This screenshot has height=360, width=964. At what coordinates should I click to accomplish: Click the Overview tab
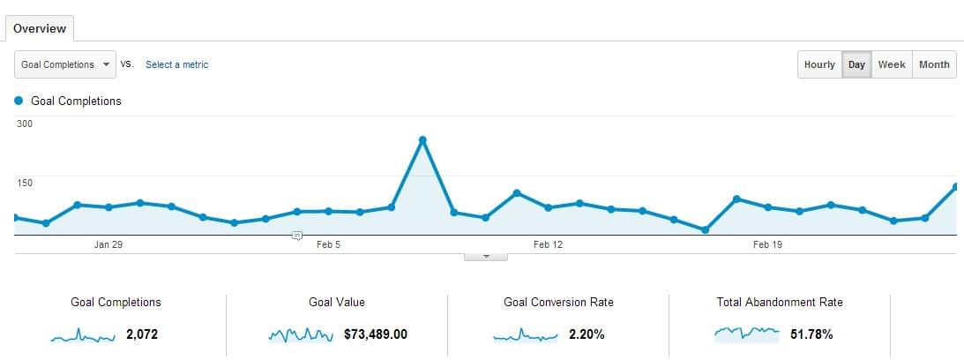(x=40, y=29)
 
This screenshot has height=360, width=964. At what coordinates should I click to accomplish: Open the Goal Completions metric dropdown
(x=65, y=64)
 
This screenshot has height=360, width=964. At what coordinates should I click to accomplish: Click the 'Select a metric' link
(x=177, y=64)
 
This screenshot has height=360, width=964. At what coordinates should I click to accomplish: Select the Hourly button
(x=819, y=64)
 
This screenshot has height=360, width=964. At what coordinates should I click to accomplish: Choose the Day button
(x=856, y=64)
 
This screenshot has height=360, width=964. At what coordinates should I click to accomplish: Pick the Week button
(x=892, y=64)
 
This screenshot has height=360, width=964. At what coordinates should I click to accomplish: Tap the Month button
(x=935, y=64)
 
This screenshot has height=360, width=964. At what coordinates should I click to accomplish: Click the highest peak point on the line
(x=422, y=140)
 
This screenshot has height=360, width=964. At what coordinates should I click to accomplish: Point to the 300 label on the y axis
(x=25, y=124)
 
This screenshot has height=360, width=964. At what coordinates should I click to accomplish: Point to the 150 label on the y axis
(x=25, y=183)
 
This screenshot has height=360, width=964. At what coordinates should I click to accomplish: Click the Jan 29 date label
(x=108, y=245)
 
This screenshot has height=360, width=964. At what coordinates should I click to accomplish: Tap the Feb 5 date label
(x=328, y=245)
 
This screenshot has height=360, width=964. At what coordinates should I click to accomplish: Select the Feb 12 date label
(x=548, y=245)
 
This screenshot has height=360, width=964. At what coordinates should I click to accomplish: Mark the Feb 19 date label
(x=768, y=245)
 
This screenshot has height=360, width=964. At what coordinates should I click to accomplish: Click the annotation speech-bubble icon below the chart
(x=297, y=236)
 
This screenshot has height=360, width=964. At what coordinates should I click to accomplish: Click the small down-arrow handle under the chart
(x=486, y=257)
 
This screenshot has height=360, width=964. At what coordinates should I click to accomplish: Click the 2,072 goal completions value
(x=142, y=334)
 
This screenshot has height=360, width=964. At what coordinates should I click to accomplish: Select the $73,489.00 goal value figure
(x=376, y=334)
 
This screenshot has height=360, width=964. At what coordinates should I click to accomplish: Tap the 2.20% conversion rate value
(x=587, y=334)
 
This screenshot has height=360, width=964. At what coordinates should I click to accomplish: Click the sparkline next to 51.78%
(x=747, y=334)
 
